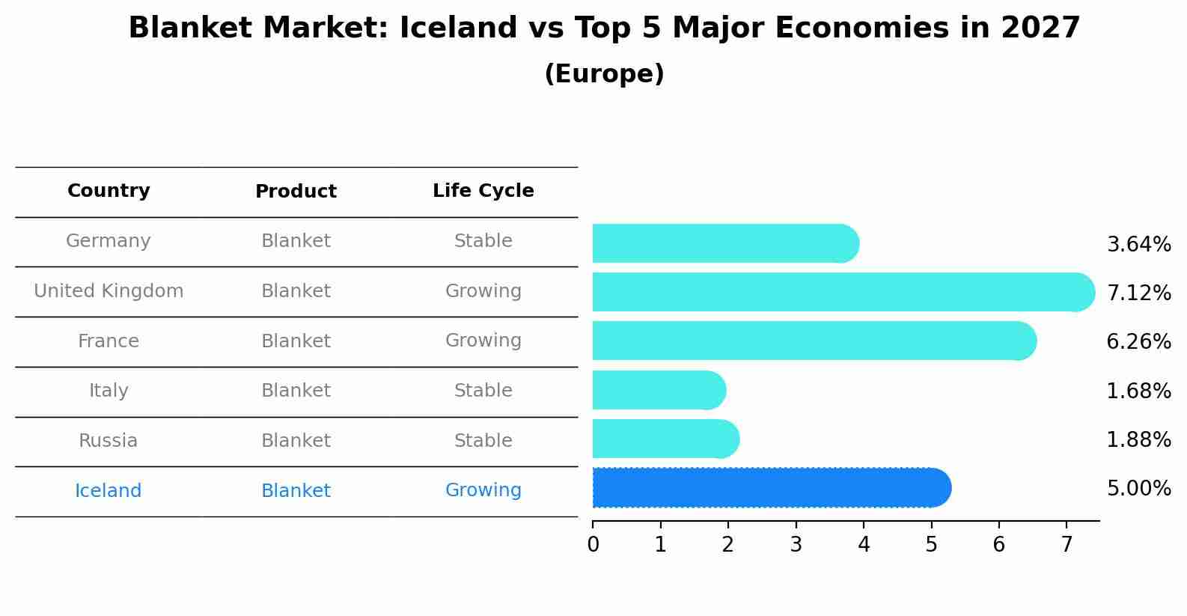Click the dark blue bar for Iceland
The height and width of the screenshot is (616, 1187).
click(x=771, y=488)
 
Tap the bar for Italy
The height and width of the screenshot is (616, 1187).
click(x=659, y=390)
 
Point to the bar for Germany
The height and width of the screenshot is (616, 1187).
click(x=724, y=243)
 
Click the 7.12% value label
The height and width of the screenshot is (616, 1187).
click(x=1138, y=293)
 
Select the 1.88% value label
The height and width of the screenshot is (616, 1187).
click(x=1138, y=440)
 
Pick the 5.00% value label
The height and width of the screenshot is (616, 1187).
click(x=1138, y=489)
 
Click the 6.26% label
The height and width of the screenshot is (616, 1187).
click(x=1138, y=342)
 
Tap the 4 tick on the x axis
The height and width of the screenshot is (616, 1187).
click(x=864, y=545)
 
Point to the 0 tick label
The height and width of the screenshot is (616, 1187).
click(x=593, y=545)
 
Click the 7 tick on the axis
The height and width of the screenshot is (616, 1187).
click(x=1067, y=545)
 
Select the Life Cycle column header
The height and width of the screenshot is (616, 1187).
click(x=483, y=191)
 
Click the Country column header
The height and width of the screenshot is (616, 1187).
click(x=109, y=191)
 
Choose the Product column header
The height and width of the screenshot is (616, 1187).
click(x=296, y=192)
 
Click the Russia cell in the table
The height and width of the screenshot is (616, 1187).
click(x=109, y=441)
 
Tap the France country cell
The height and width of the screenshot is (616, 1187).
click(x=109, y=341)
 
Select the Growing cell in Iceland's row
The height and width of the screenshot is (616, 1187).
click(x=483, y=490)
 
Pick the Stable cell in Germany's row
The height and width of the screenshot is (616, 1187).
click(x=483, y=241)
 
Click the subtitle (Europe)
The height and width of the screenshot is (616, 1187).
click(x=604, y=74)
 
